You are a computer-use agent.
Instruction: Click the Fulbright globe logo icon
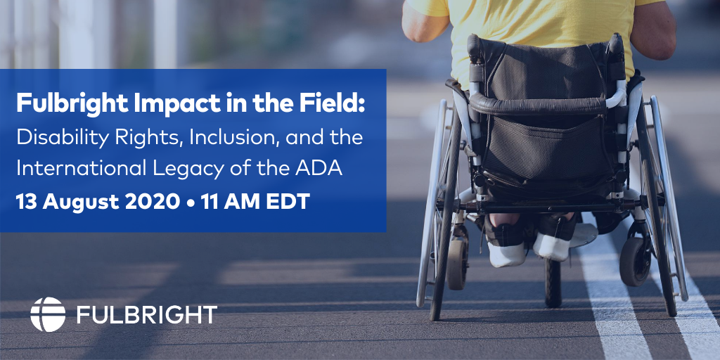pyautogui.click(x=48, y=314)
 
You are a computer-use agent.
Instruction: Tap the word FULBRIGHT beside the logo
pyautogui.click(x=147, y=314)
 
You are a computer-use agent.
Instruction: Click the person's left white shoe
pyautogui.click(x=507, y=255)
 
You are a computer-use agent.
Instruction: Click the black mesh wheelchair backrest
pyautogui.click(x=546, y=110)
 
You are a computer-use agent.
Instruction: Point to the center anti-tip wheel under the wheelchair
pyautogui.click(x=553, y=283)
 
